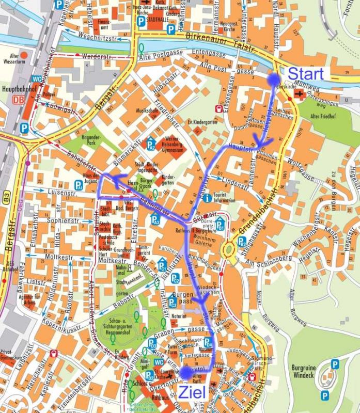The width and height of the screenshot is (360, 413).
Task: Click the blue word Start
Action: point(305,73)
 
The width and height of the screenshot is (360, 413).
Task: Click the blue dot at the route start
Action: point(272,78)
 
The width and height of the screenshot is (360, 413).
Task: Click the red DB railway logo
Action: point(19,100)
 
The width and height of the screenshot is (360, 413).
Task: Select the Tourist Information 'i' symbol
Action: point(207,197)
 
